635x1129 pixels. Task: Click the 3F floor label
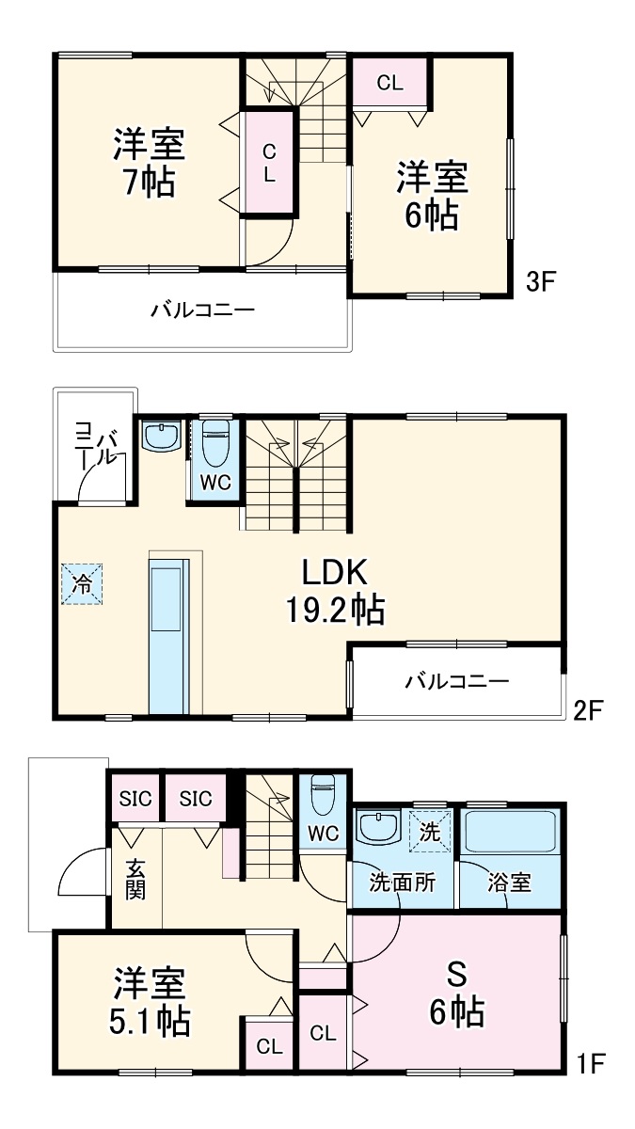point(540,282)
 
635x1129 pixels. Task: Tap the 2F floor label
point(588,710)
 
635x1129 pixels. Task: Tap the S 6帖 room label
point(456,993)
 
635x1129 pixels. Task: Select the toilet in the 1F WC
point(323,795)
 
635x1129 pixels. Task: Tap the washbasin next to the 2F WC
point(161,437)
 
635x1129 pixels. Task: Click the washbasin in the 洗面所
point(378,827)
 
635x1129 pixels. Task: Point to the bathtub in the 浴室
point(510,831)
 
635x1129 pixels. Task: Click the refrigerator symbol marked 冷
point(82,584)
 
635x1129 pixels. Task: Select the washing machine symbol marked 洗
point(429,831)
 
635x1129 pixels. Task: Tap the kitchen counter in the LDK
point(169,636)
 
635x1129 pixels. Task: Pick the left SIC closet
point(135,799)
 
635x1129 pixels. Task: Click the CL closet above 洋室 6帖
point(389,83)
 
